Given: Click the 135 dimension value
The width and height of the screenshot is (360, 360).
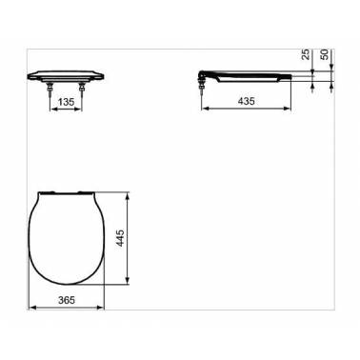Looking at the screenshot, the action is pyautogui.click(x=67, y=102).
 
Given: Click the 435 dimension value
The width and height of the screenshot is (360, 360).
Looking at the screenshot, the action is pyautogui.click(x=247, y=101).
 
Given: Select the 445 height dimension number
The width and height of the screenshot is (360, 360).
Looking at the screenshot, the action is pyautogui.click(x=120, y=238).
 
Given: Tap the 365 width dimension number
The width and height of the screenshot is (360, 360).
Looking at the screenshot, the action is pyautogui.click(x=67, y=300).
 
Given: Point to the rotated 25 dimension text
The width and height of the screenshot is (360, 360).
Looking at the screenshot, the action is pyautogui.click(x=306, y=54).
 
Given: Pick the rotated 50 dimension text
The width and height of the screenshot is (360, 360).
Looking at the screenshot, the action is pyautogui.click(x=325, y=54).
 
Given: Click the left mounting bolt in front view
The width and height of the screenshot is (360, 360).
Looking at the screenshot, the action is pyautogui.click(x=50, y=90).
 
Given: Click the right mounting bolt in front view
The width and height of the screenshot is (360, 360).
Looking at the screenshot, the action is pyautogui.click(x=82, y=90).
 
